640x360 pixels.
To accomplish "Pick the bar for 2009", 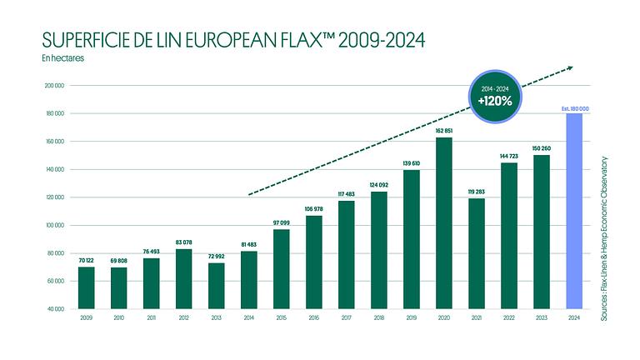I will click(x=87, y=287).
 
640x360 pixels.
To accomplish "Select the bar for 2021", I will click(x=477, y=253).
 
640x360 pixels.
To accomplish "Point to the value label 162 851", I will click(x=444, y=131).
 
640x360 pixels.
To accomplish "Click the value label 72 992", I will click(x=217, y=257).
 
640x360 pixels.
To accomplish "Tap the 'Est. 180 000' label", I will click(x=574, y=107).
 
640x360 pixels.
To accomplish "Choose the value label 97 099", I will click(x=282, y=223).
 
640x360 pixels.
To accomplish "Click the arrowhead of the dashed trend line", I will click(x=569, y=67).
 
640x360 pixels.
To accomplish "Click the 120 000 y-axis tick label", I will click(x=56, y=197).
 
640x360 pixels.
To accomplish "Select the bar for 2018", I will click(x=379, y=250).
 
